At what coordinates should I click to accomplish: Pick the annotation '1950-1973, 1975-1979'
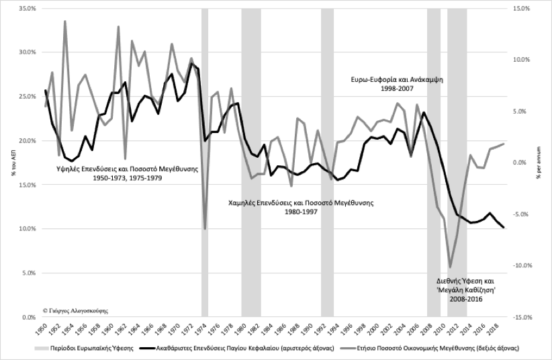click(127, 179)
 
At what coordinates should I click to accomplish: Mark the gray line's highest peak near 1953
click(65, 21)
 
